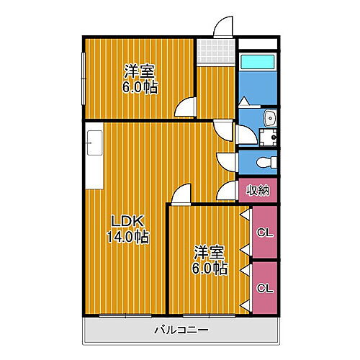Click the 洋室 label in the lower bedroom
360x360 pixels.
point(209,253)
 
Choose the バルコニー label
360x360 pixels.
point(181,331)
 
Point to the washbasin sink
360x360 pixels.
point(270,118)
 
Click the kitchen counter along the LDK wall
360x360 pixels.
point(94,156)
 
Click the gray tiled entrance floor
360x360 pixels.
point(217,51)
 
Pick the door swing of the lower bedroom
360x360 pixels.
point(181,193)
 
